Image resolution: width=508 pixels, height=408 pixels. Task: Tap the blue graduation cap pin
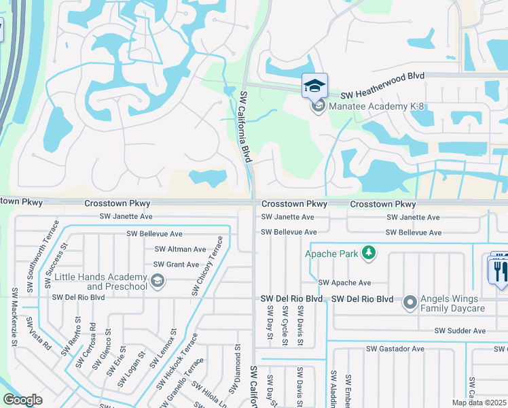point(314,86)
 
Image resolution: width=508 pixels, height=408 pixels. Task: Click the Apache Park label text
point(331,254)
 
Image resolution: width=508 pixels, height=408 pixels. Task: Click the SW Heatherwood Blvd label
point(382,96)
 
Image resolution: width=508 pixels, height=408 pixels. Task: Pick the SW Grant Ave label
point(176,265)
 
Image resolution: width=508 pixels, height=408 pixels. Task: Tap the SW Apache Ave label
point(345,283)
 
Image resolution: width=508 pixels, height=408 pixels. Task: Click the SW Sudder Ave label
point(460,331)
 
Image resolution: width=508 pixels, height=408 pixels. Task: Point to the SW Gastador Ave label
point(395,349)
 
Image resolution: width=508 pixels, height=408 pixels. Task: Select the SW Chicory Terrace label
point(207,265)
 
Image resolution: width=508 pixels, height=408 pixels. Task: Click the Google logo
point(22,400)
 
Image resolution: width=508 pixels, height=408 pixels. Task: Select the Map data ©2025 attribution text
point(479,403)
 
